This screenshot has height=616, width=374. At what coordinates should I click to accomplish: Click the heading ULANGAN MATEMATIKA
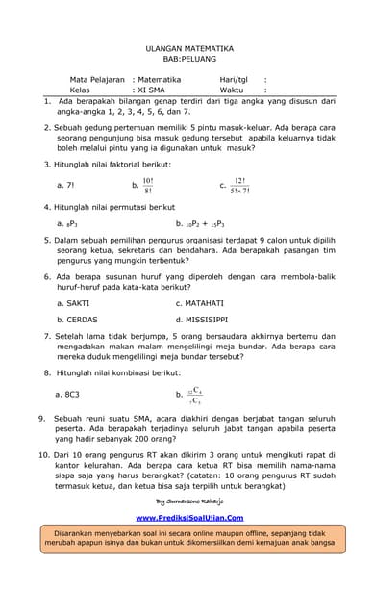pyautogui.click(x=187, y=46)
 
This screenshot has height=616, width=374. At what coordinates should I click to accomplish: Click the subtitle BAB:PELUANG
pyautogui.click(x=187, y=58)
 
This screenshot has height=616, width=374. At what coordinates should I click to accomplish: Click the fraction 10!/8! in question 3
pyautogui.click(x=147, y=186)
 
